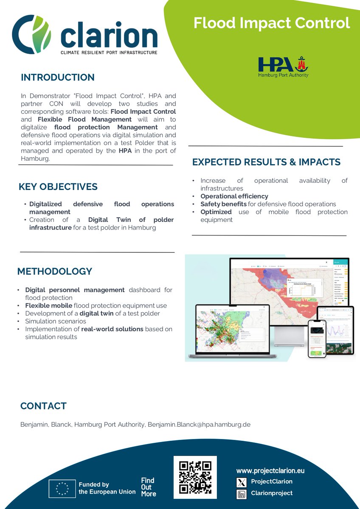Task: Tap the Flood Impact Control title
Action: pyautogui.click(x=272, y=23)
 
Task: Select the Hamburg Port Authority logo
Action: pyautogui.click(x=283, y=67)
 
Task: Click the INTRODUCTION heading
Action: pyautogui.click(x=58, y=78)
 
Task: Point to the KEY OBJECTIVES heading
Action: pyautogui.click(x=58, y=187)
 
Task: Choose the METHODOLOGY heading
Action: pyautogui.click(x=55, y=271)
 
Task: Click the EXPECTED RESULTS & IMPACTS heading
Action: pyautogui.click(x=266, y=162)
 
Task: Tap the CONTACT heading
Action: pyautogui.click(x=43, y=406)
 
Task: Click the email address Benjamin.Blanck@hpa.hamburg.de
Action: pyautogui.click(x=199, y=424)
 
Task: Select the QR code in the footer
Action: pyautogui.click(x=195, y=477)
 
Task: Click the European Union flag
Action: pyautogui.click(x=62, y=488)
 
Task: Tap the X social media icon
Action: pyautogui.click(x=242, y=482)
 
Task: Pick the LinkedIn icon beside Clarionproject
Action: pyautogui.click(x=242, y=494)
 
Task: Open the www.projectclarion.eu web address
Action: pyautogui.click(x=270, y=471)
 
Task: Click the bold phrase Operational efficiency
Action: pyautogui.click(x=234, y=196)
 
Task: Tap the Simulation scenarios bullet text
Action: pyautogui.click(x=56, y=321)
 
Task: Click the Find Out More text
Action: pyautogui.click(x=148, y=487)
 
